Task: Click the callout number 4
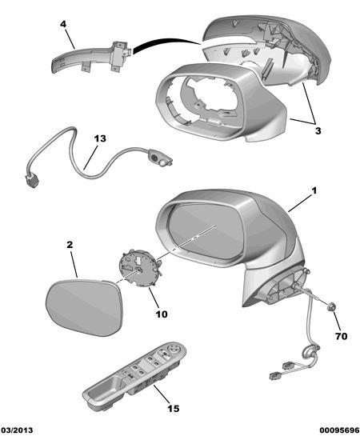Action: [x=63, y=24]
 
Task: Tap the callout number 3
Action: [x=318, y=130]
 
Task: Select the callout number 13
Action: [x=100, y=138]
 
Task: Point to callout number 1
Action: [x=314, y=190]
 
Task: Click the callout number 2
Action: [x=70, y=245]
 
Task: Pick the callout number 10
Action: [x=162, y=314]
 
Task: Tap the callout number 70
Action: [x=342, y=337]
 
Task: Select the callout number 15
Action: [x=173, y=409]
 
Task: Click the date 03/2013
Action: [x=17, y=430]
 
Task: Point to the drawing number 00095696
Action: [x=339, y=430]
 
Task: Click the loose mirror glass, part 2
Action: [x=84, y=308]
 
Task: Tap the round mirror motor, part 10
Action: [x=140, y=267]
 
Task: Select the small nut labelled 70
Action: [x=331, y=307]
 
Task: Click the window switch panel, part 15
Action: [x=134, y=372]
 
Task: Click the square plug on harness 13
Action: [x=33, y=182]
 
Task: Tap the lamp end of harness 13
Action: [x=161, y=159]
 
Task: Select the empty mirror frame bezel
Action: [x=220, y=103]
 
